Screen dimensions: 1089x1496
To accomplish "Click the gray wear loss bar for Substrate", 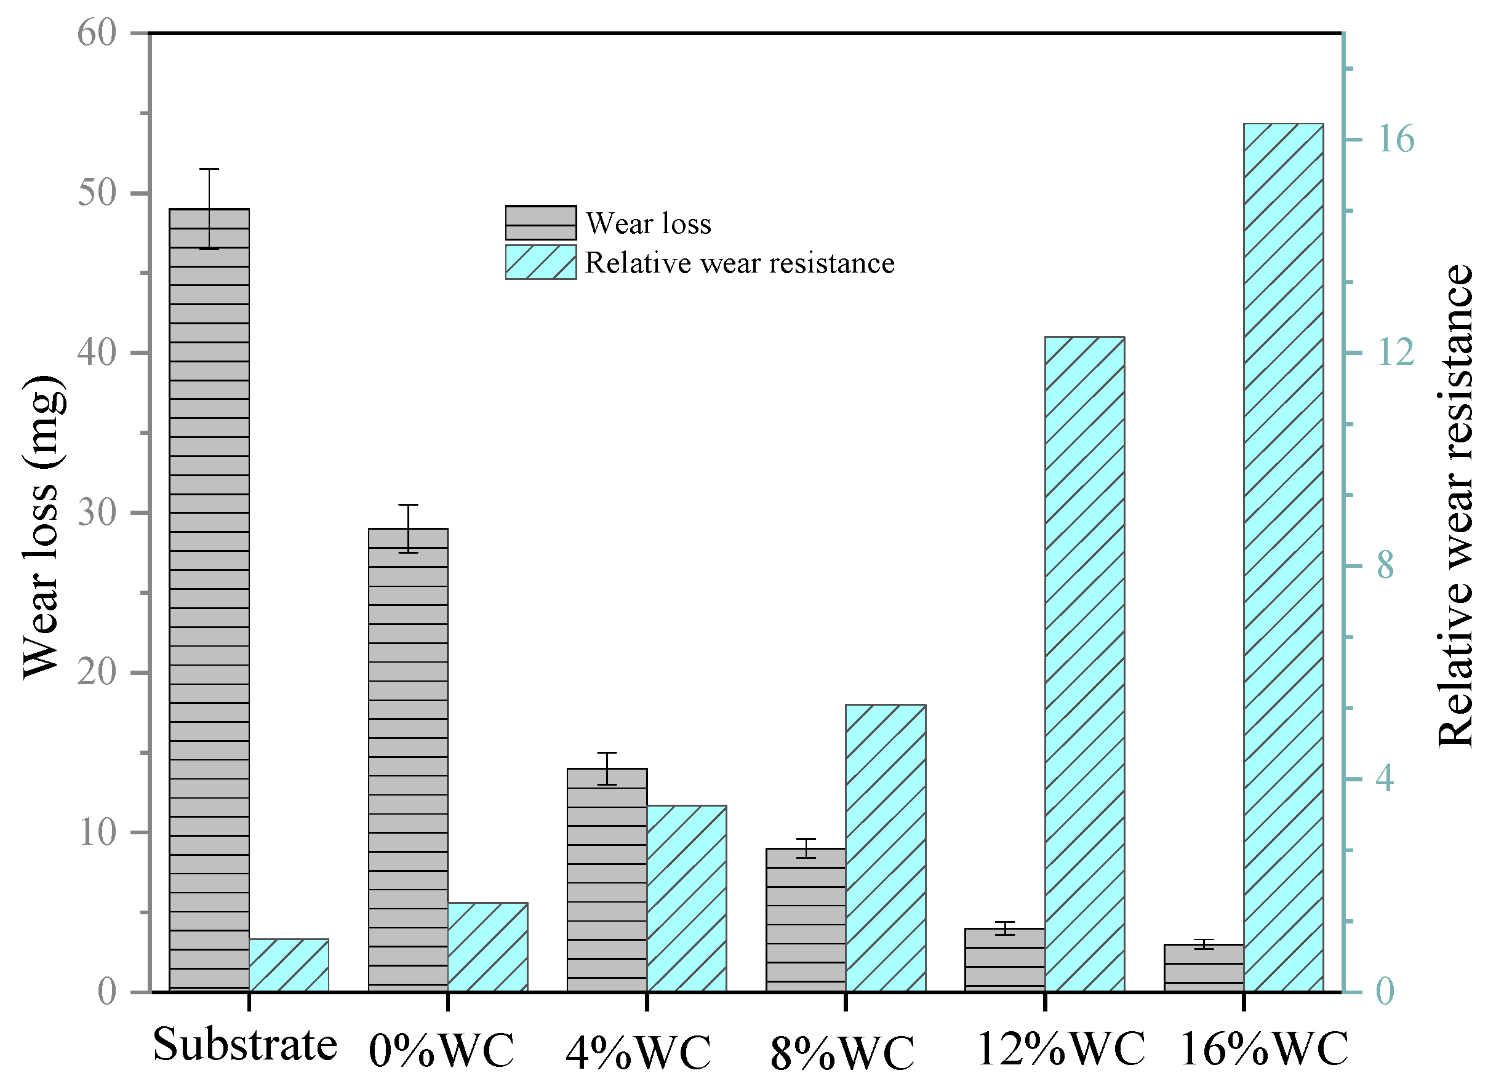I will point(209,600).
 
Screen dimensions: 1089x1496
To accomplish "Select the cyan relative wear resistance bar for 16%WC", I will point(1283,557).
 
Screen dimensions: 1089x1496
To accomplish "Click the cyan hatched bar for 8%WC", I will point(885,848).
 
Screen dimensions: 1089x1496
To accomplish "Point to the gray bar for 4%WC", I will point(607,880).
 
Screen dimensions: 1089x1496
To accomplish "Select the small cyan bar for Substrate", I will point(289,965).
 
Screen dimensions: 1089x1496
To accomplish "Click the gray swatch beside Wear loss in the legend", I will point(541,223).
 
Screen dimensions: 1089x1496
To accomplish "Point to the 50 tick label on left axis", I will point(97,193).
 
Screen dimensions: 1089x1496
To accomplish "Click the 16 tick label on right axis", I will point(1395,139).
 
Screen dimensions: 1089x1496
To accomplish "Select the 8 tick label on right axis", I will point(1385,566).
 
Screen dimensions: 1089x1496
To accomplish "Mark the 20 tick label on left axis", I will point(97,673).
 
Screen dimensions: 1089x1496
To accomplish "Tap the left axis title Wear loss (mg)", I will point(43,528).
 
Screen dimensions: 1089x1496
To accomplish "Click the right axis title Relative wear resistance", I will point(1454,506).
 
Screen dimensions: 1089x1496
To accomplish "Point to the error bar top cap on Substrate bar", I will point(209,170).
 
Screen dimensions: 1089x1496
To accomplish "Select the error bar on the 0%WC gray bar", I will point(407,529).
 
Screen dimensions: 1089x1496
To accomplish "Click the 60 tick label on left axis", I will point(97,33).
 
